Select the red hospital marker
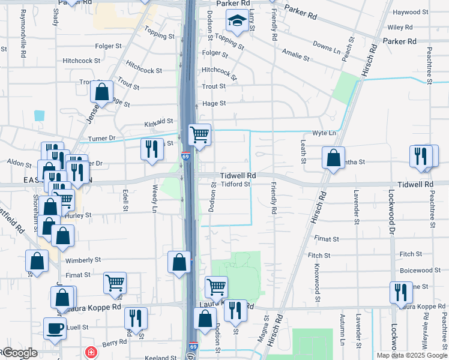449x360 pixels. point(91,352)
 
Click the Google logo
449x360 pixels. point(19,353)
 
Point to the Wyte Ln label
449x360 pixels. point(322,133)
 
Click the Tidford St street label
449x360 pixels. point(235,184)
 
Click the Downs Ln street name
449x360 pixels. point(327,45)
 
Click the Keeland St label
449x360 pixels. point(159,357)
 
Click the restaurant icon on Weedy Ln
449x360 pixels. point(152,149)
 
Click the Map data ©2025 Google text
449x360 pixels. point(412,355)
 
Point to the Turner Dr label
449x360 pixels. point(100,139)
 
